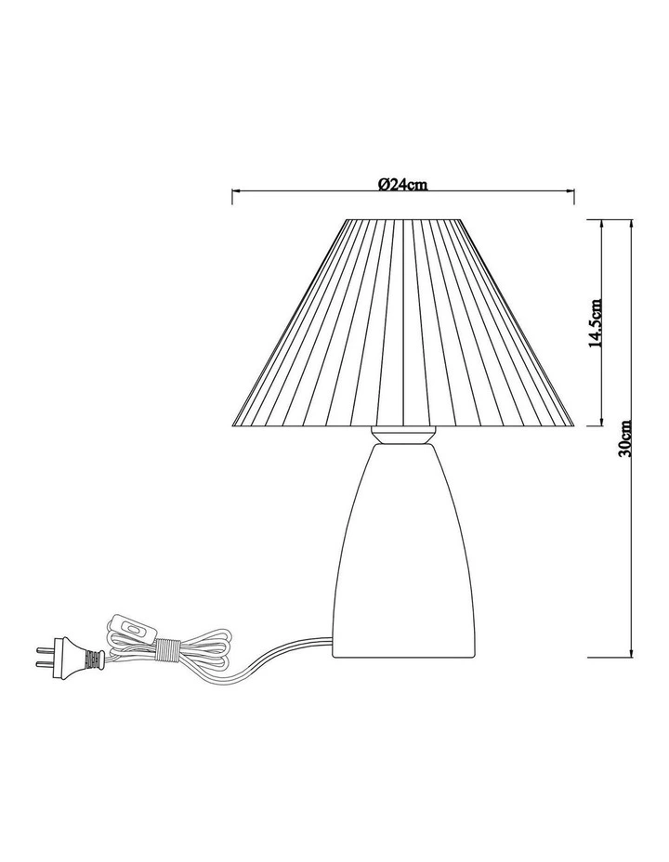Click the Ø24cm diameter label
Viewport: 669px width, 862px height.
(402, 184)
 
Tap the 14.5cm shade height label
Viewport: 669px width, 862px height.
(597, 323)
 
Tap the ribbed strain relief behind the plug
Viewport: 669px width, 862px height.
(91, 660)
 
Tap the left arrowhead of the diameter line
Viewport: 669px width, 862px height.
(234, 194)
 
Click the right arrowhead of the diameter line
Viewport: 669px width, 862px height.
(572, 194)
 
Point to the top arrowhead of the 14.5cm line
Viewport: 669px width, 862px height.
(605, 223)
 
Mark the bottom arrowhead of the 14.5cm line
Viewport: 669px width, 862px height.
(605, 423)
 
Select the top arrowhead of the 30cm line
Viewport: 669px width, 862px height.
(631, 223)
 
